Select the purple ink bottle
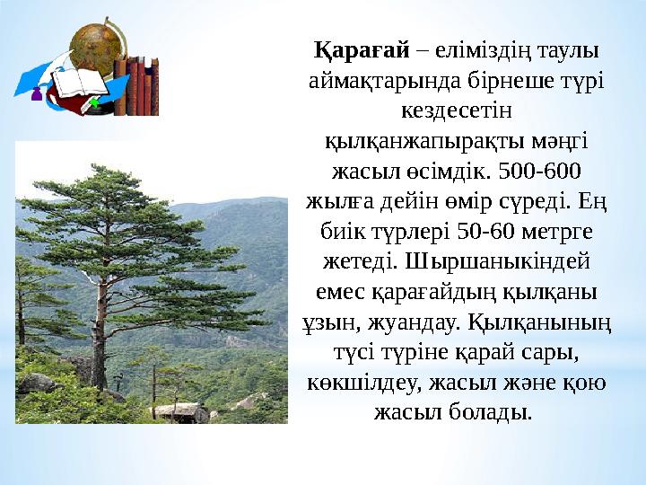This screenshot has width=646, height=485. [38, 93]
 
